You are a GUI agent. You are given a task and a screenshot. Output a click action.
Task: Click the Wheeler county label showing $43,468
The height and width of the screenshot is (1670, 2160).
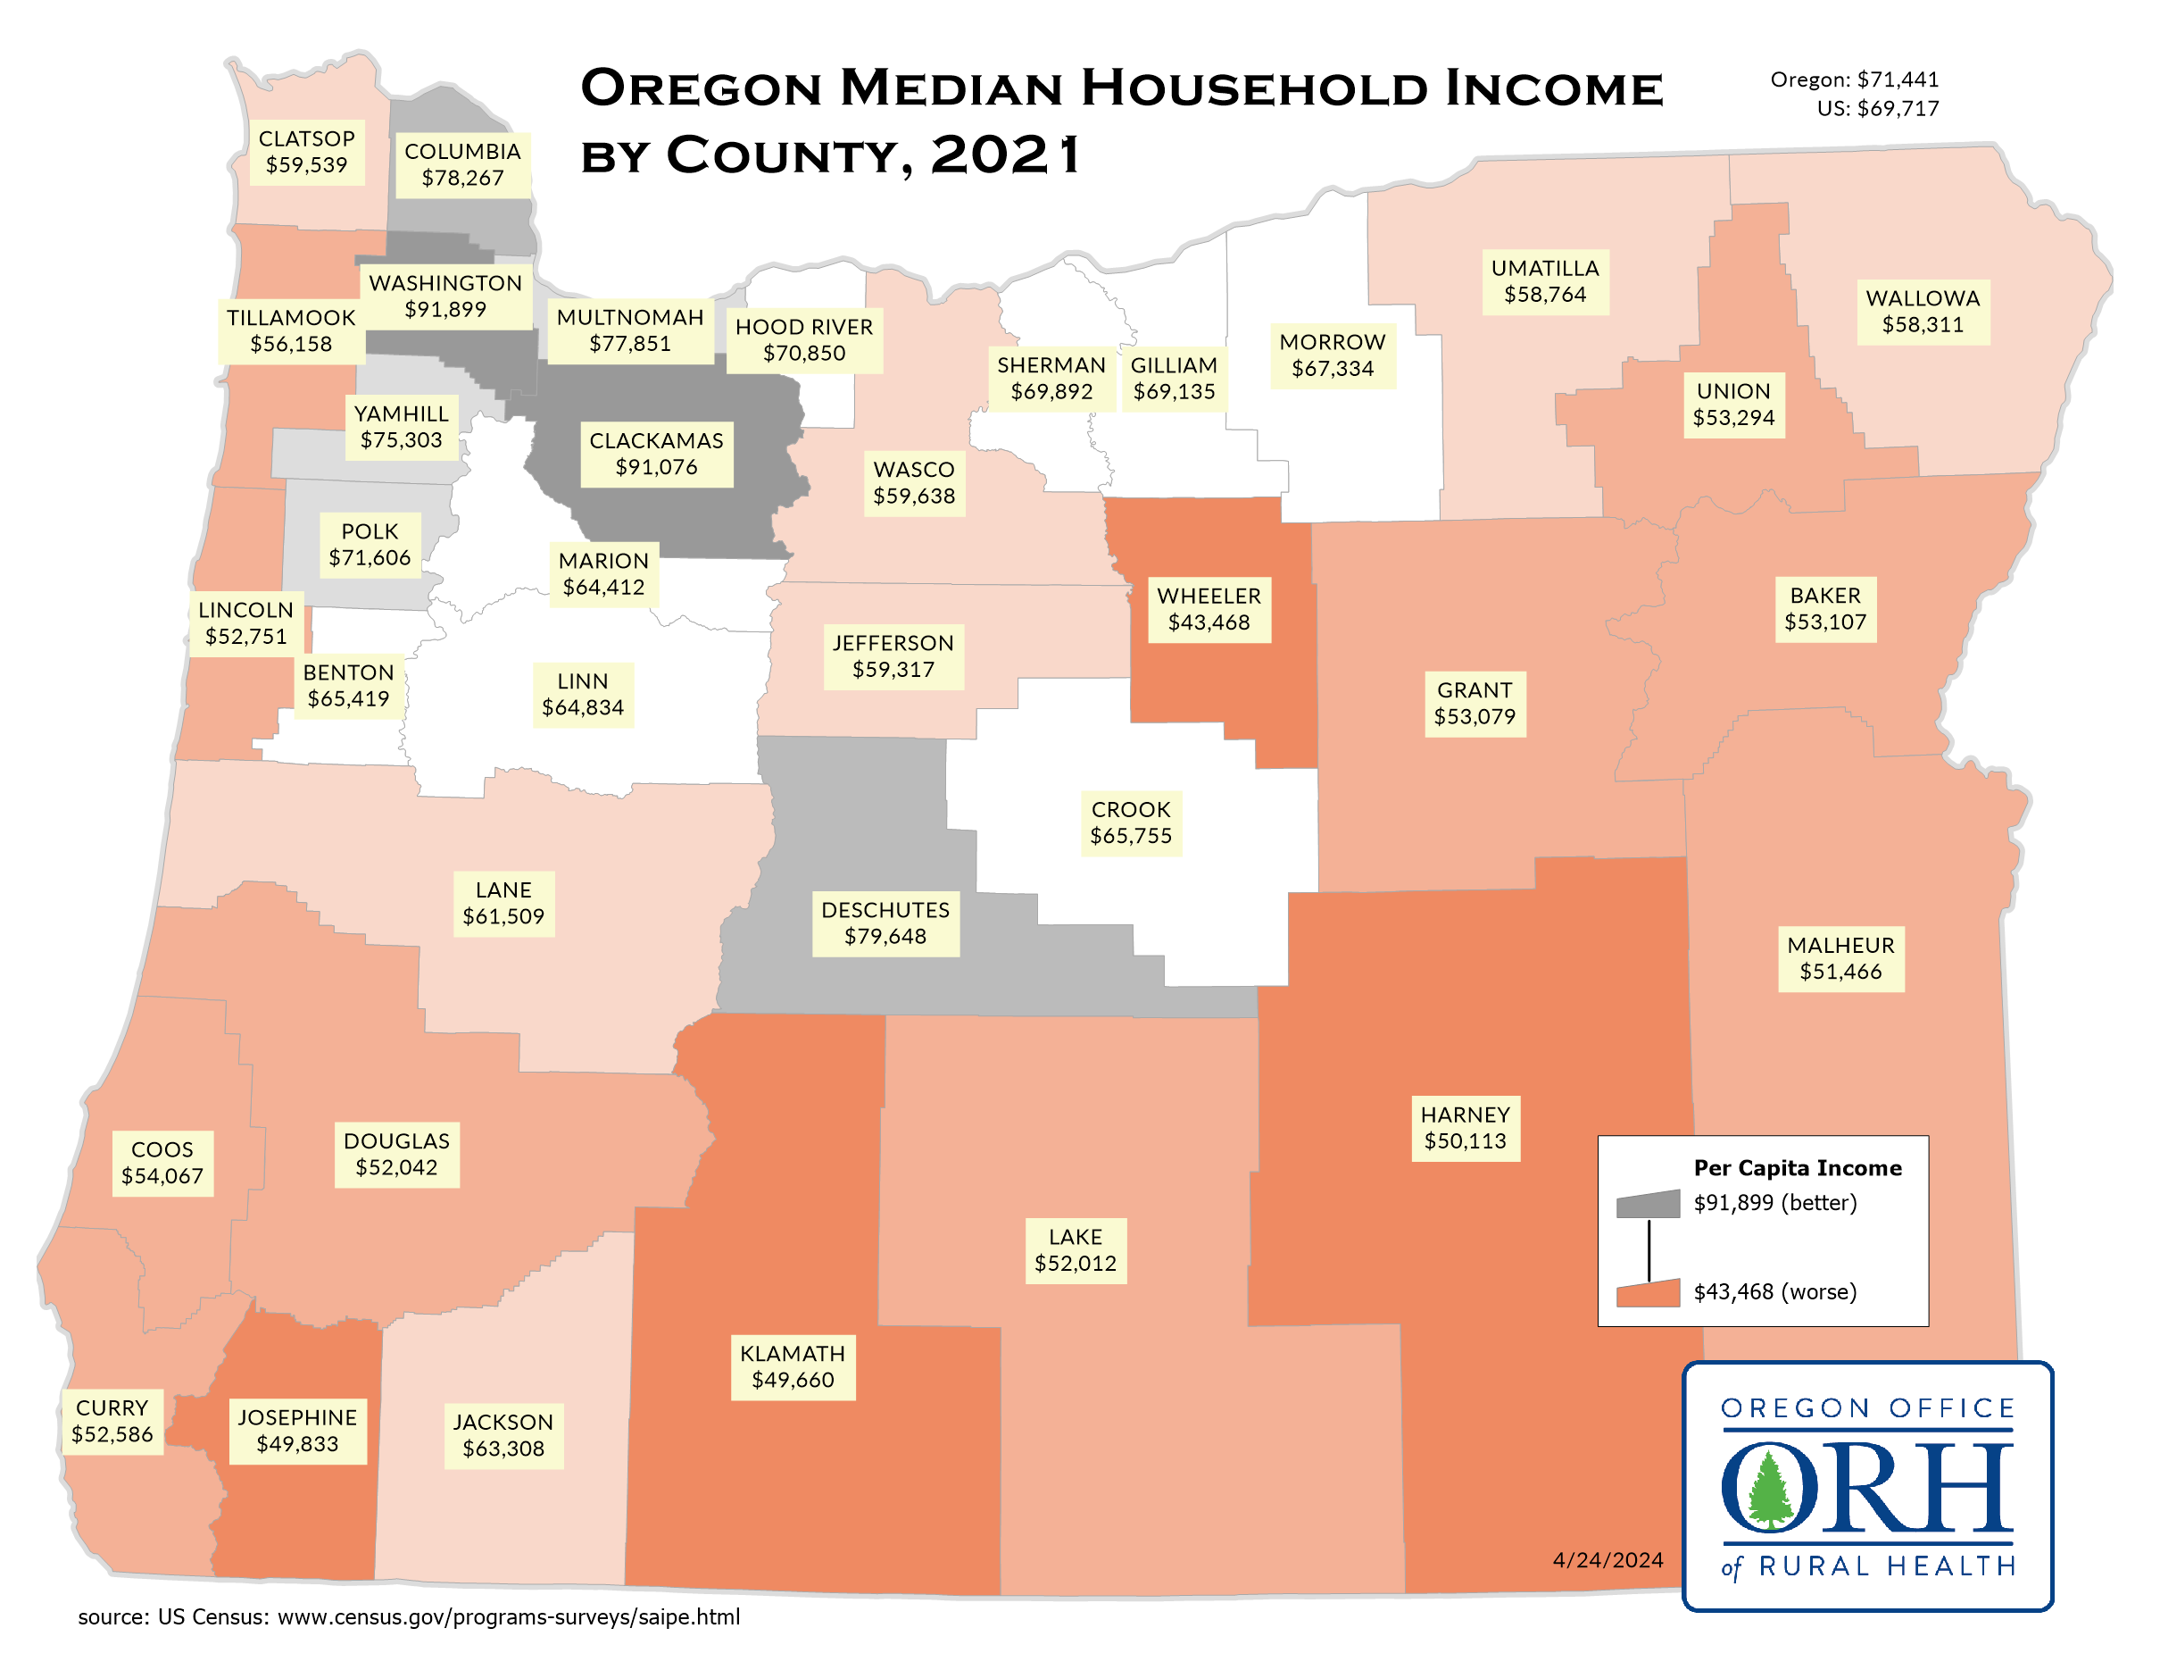pos(1209,609)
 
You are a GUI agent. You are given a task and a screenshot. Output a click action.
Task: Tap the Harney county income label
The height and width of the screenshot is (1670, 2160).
pos(1465,1128)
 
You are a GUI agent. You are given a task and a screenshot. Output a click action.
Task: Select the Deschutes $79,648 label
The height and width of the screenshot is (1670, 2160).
pos(885,923)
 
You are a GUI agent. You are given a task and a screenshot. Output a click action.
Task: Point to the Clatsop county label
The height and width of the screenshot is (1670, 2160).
pos(306,151)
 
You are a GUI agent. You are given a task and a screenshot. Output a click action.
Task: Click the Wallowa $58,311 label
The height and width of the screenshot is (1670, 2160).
pos(1923,312)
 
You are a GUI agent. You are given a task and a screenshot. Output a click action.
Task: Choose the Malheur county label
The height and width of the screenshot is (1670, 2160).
pos(1840,957)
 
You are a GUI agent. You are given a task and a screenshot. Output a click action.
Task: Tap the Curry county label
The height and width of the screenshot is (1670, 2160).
pos(112,1421)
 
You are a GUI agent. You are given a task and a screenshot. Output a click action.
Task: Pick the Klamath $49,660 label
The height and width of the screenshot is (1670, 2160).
pos(793,1366)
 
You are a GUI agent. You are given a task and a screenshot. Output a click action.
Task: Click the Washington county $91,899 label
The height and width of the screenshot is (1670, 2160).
pos(445,296)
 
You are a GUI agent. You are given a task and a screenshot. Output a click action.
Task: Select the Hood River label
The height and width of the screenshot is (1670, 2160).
pos(804,339)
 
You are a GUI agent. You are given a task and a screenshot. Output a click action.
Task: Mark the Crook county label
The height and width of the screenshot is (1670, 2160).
pos(1131,822)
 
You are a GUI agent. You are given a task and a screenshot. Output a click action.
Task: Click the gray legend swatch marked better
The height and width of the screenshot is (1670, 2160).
pos(1648,1204)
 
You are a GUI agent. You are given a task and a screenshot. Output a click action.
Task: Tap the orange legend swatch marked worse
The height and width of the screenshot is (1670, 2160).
pos(1648,1293)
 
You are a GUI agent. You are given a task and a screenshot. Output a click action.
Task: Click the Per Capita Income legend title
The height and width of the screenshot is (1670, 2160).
pos(1797,1167)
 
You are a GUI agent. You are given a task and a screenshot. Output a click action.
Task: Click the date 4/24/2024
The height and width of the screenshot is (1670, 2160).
pos(1608,1560)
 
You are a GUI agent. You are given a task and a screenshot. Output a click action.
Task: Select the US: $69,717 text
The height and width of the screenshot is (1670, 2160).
pos(1877,109)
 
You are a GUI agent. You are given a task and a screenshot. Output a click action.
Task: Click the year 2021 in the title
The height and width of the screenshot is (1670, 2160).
pos(1005,155)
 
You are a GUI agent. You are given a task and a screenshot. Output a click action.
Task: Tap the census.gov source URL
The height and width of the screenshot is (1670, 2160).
pos(509,1617)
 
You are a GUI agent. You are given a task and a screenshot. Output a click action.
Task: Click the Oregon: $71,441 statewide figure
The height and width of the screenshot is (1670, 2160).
pos(1854,79)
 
